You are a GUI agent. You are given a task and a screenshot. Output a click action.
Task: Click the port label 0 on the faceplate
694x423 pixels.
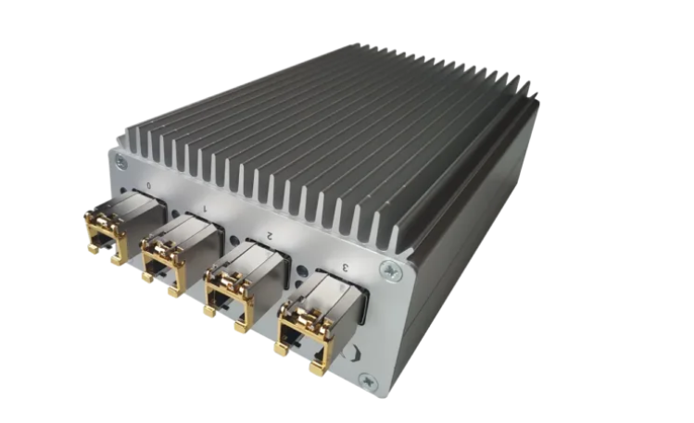pyautogui.click(x=149, y=186)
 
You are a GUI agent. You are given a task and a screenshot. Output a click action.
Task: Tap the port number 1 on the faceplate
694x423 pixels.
pyautogui.click(x=204, y=207)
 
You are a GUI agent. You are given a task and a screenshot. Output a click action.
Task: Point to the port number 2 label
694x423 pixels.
pyautogui.click(x=269, y=235)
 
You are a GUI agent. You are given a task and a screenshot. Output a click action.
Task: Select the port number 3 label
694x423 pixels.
pyautogui.click(x=346, y=267)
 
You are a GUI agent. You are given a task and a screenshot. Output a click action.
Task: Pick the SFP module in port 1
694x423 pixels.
pyautogui.click(x=182, y=253)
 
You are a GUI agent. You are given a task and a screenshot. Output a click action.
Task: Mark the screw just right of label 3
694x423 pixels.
pyautogui.click(x=391, y=271)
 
